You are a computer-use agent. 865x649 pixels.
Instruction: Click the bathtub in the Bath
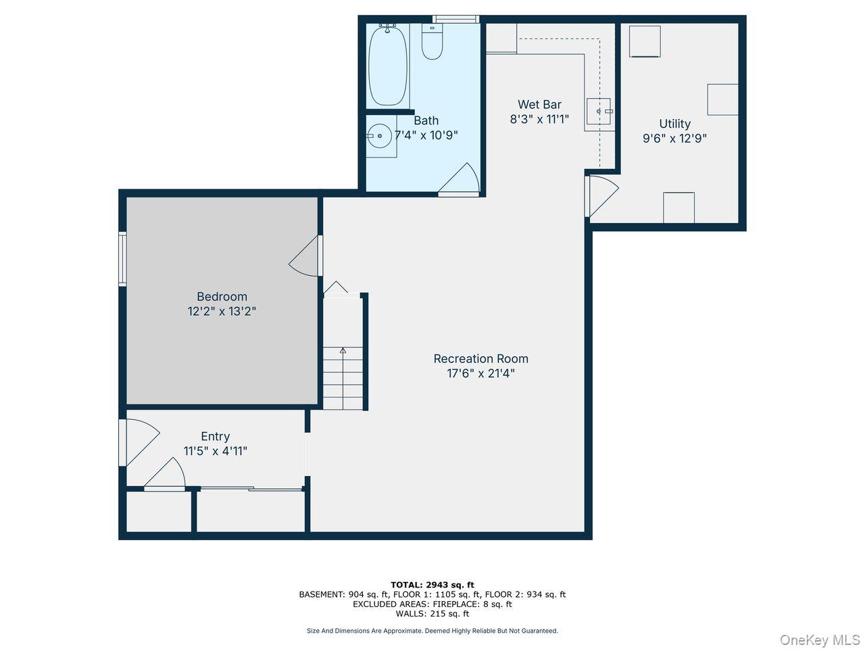pyautogui.click(x=388, y=65)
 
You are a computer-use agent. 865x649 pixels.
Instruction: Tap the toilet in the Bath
pyautogui.click(x=432, y=42)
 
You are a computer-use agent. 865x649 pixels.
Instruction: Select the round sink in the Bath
pyautogui.click(x=380, y=136)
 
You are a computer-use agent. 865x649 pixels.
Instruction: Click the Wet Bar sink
pyautogui.click(x=599, y=111)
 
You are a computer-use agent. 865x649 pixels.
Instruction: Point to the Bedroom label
pyautogui.click(x=222, y=297)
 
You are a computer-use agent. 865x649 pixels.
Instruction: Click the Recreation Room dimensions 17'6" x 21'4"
pyautogui.click(x=480, y=373)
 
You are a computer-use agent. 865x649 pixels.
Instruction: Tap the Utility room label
pyautogui.click(x=674, y=124)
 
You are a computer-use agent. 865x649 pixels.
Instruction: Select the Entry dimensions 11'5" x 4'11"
pyautogui.click(x=215, y=451)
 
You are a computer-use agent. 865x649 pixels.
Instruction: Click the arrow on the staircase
pyautogui.click(x=343, y=351)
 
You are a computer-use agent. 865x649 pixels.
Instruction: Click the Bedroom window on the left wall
pyautogui.click(x=122, y=259)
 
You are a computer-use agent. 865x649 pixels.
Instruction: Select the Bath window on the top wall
pyautogui.click(x=455, y=19)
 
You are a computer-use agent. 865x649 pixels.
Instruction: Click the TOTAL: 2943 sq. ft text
pyautogui.click(x=432, y=585)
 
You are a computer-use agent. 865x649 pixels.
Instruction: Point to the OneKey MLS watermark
pyautogui.click(x=820, y=640)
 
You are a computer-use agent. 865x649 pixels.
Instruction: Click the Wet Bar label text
pyautogui.click(x=539, y=105)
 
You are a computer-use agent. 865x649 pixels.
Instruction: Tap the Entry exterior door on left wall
pyautogui.click(x=123, y=443)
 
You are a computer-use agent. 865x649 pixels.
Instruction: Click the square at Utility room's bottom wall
pyautogui.click(x=678, y=208)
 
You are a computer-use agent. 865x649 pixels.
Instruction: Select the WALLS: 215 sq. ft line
pyautogui.click(x=432, y=614)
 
